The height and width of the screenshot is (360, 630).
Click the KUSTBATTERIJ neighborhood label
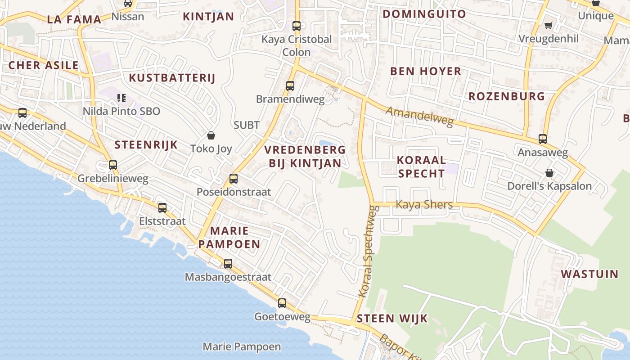(x=172, y=78)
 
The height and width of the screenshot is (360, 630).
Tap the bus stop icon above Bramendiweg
(x=290, y=85)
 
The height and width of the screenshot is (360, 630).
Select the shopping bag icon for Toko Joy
(x=211, y=135)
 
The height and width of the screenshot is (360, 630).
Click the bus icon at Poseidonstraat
(x=234, y=179)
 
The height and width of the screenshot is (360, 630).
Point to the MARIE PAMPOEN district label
(x=229, y=238)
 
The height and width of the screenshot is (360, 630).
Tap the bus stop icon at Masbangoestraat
(x=228, y=264)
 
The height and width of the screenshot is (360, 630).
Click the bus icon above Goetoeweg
(x=282, y=303)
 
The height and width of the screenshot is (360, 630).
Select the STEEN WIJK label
(x=392, y=319)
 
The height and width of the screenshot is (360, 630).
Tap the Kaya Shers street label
(x=424, y=205)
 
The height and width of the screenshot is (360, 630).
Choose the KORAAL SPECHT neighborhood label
(x=422, y=166)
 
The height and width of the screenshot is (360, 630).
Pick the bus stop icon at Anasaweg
(x=543, y=139)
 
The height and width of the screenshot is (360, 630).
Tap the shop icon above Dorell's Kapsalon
(x=549, y=173)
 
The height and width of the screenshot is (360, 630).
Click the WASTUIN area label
(x=589, y=274)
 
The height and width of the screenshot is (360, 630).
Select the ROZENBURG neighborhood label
(x=507, y=96)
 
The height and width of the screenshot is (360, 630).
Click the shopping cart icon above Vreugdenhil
(x=548, y=25)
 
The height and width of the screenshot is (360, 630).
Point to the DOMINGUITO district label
(x=424, y=14)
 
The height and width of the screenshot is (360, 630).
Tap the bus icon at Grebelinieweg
(x=113, y=165)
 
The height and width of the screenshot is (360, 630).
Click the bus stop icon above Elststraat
(x=162, y=208)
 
